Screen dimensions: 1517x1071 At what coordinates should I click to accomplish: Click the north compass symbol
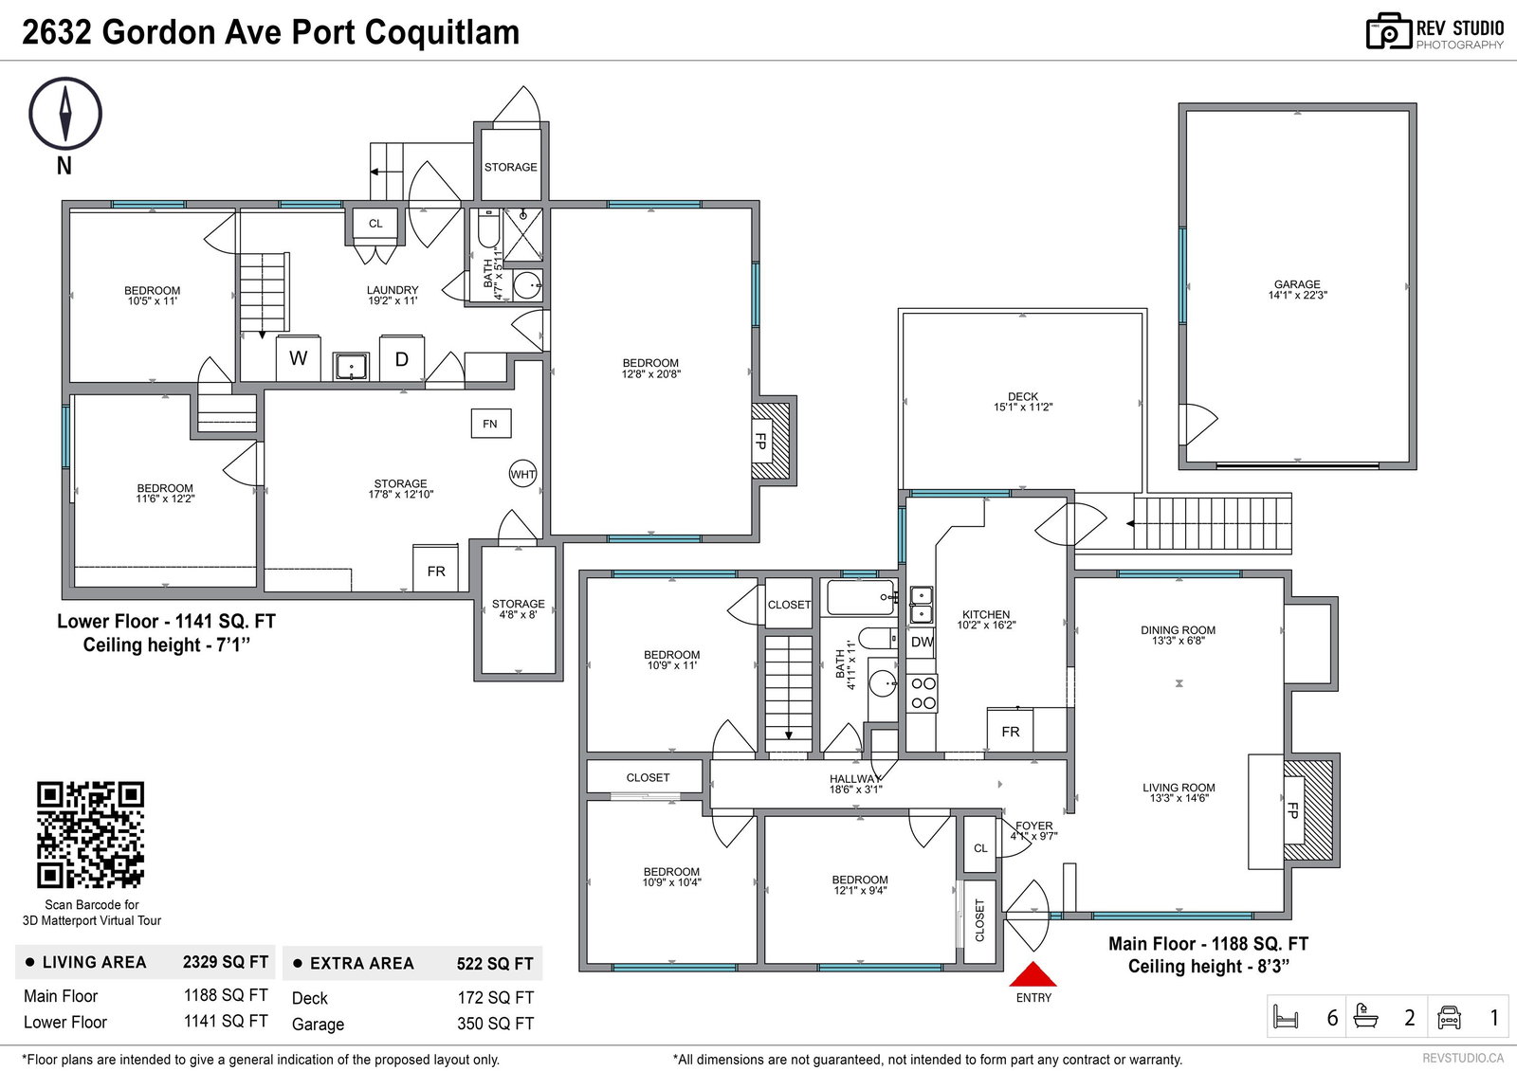[65, 113]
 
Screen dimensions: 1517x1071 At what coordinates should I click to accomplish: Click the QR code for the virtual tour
[90, 835]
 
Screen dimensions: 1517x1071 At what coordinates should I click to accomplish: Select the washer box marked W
[298, 358]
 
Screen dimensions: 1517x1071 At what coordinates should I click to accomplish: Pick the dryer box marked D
[402, 358]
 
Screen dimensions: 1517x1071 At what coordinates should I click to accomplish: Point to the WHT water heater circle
[522, 474]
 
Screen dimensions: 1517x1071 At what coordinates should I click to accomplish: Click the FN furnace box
[491, 424]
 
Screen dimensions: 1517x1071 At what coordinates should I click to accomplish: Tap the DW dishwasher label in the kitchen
[922, 642]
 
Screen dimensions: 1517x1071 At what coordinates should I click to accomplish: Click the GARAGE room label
[1297, 284]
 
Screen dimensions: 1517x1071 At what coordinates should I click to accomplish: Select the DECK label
[1023, 396]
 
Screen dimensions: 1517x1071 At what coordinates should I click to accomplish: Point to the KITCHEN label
[986, 615]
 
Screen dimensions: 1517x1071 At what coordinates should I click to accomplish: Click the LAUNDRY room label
[393, 290]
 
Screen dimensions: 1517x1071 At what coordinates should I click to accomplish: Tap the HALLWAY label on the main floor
[856, 779]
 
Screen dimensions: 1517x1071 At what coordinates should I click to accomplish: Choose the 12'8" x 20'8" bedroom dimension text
[650, 373]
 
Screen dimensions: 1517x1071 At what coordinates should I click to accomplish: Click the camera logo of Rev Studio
[1388, 31]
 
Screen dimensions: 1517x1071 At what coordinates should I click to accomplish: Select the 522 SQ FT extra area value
[495, 963]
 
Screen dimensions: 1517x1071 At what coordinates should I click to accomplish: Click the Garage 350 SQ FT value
[495, 1024]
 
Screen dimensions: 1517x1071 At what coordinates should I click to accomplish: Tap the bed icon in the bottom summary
[1286, 1017]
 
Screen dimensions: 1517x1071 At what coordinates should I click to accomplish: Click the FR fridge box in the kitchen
[1010, 731]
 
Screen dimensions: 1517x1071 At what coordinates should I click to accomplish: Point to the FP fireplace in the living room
[1293, 809]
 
